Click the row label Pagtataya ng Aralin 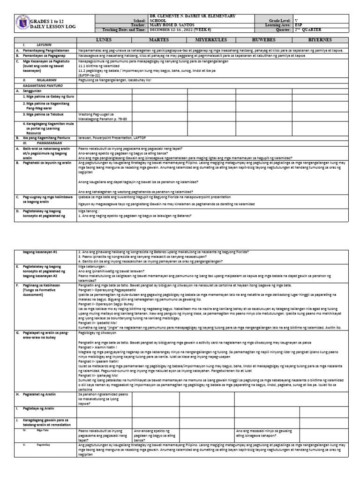42,408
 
